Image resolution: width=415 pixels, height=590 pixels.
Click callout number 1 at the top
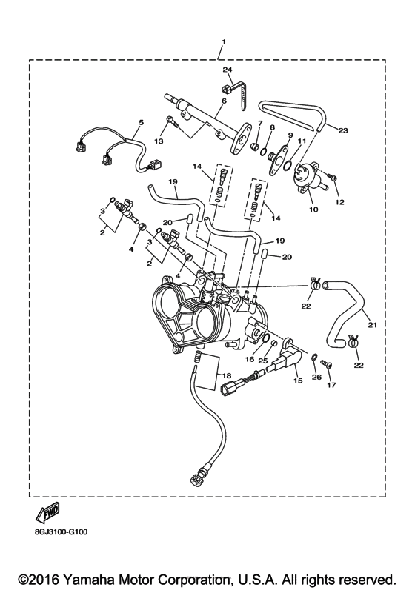click(x=222, y=41)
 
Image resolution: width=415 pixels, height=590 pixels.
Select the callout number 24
click(x=228, y=70)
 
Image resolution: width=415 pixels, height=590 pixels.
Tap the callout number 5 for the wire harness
click(x=140, y=121)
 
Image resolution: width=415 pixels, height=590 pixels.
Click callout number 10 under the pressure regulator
click(x=313, y=209)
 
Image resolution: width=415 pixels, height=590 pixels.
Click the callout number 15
click(x=299, y=381)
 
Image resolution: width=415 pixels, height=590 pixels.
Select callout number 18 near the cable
click(x=228, y=377)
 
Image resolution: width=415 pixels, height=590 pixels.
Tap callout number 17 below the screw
click(x=332, y=385)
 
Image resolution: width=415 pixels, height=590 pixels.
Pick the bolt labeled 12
click(x=332, y=178)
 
